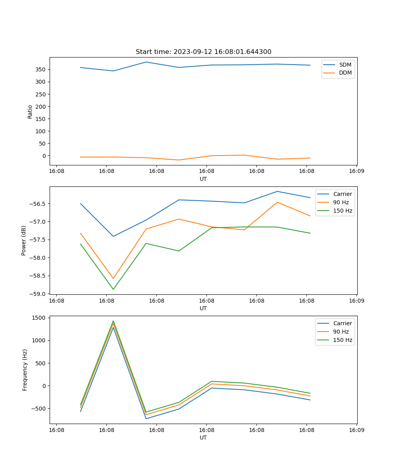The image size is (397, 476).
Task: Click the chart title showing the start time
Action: tap(203, 52)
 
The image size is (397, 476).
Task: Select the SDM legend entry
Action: tap(345, 65)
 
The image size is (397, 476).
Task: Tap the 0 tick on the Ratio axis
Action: tap(44, 156)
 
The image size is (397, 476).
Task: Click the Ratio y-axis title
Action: tap(30, 111)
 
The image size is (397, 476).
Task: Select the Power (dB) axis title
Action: tap(24, 240)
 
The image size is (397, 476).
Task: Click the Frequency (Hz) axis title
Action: tap(25, 370)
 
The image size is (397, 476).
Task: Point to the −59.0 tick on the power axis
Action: tap(39, 294)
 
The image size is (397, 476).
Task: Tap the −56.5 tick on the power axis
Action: tap(39, 204)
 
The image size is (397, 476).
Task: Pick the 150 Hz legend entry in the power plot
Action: tap(342, 211)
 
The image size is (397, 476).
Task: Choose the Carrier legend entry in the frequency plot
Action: tap(342, 323)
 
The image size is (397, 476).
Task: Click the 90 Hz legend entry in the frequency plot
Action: tap(341, 332)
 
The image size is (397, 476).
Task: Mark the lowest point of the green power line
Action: tap(113, 289)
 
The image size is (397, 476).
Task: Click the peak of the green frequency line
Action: tap(113, 321)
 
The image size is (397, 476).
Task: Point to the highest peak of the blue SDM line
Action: tap(146, 62)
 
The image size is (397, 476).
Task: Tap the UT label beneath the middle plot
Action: tap(203, 308)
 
